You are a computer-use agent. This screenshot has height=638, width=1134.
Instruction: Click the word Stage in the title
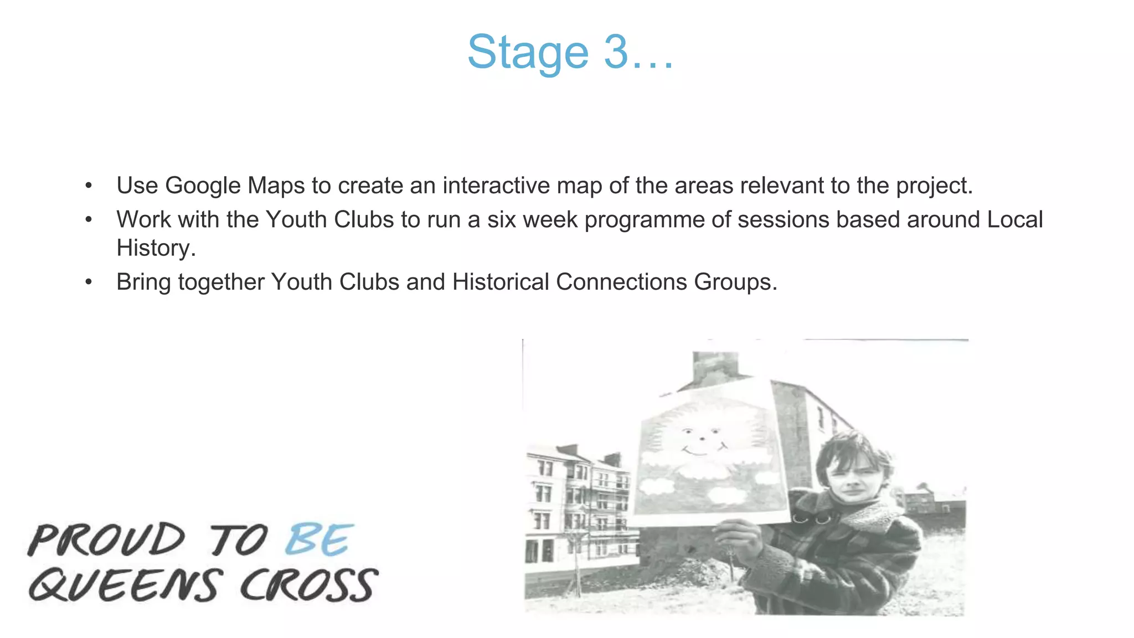click(x=527, y=53)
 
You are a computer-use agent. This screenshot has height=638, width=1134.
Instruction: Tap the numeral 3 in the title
click(x=616, y=52)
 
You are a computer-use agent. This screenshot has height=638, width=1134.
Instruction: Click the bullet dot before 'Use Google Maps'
click(x=89, y=186)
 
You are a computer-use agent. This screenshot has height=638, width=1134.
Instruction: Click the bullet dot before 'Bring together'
click(x=89, y=282)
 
